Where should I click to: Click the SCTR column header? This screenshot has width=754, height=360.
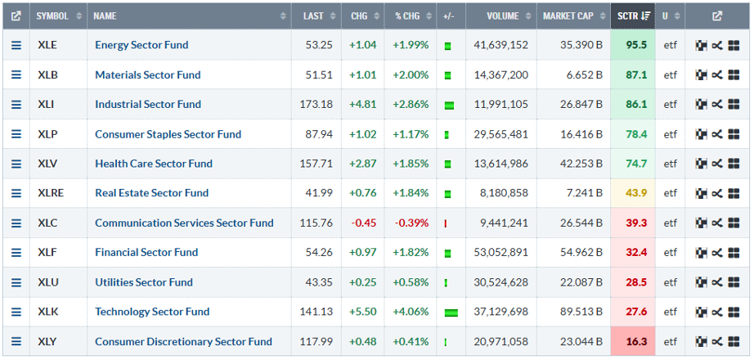[x=627, y=16]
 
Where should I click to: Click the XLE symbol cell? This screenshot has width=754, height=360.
[x=47, y=45]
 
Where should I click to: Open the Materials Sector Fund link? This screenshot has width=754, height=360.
[x=147, y=74]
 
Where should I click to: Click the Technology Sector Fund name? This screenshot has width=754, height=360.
[x=152, y=312]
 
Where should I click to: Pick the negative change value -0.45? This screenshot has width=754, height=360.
[x=363, y=223]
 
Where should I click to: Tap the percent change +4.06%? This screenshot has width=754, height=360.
[x=411, y=312]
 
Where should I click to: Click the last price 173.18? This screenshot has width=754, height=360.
[x=317, y=104]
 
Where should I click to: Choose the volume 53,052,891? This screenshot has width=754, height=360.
[x=500, y=252]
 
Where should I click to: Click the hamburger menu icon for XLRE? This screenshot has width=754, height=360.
[x=16, y=193]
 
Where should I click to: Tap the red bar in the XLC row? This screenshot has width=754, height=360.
[x=446, y=223]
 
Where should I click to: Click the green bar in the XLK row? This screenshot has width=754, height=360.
[x=451, y=313]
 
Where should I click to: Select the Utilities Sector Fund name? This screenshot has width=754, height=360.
[x=144, y=282]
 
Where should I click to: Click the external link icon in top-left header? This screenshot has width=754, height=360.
[x=16, y=16]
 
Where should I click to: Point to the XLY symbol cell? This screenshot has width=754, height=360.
[x=47, y=341]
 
